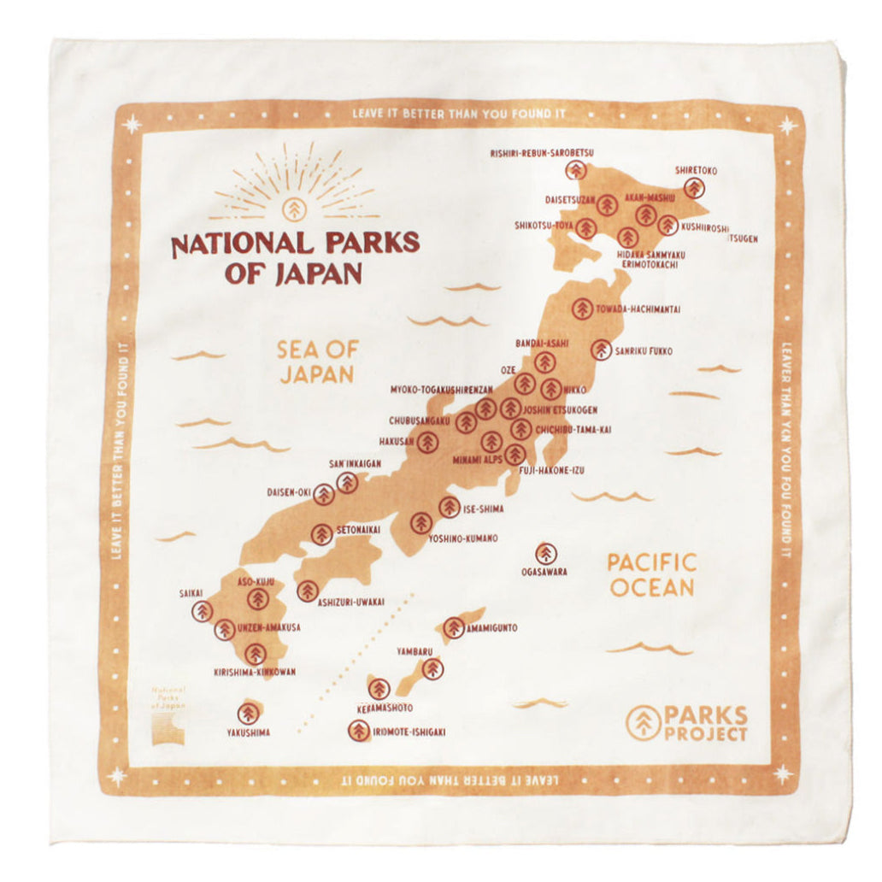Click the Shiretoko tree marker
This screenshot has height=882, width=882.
(x=695, y=188)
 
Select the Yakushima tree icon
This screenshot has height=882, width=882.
(x=248, y=713)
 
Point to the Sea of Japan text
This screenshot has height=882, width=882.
(x=315, y=362)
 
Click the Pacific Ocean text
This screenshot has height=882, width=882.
(x=651, y=574)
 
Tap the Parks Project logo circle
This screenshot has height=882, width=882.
(x=643, y=723)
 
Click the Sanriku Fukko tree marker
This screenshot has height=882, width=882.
(x=602, y=350)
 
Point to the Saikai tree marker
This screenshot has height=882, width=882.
(x=203, y=610)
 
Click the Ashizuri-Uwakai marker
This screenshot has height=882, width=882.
(x=308, y=591)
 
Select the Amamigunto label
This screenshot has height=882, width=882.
(x=492, y=628)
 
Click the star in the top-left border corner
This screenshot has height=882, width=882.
(x=132, y=125)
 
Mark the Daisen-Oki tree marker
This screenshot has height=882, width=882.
(x=323, y=494)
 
